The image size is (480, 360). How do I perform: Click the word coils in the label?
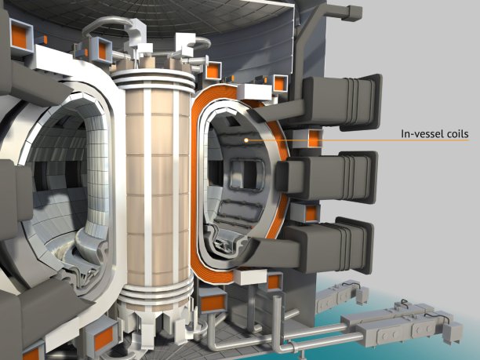coord(454,134)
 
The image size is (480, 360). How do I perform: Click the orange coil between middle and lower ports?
coord(311,213)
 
